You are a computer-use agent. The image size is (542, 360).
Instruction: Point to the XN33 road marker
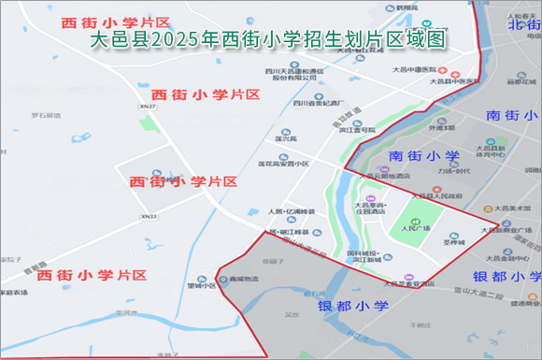point(149,217)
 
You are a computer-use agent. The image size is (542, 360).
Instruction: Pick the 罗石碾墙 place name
point(45,116)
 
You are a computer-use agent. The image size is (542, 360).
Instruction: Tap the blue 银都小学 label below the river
point(352,306)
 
